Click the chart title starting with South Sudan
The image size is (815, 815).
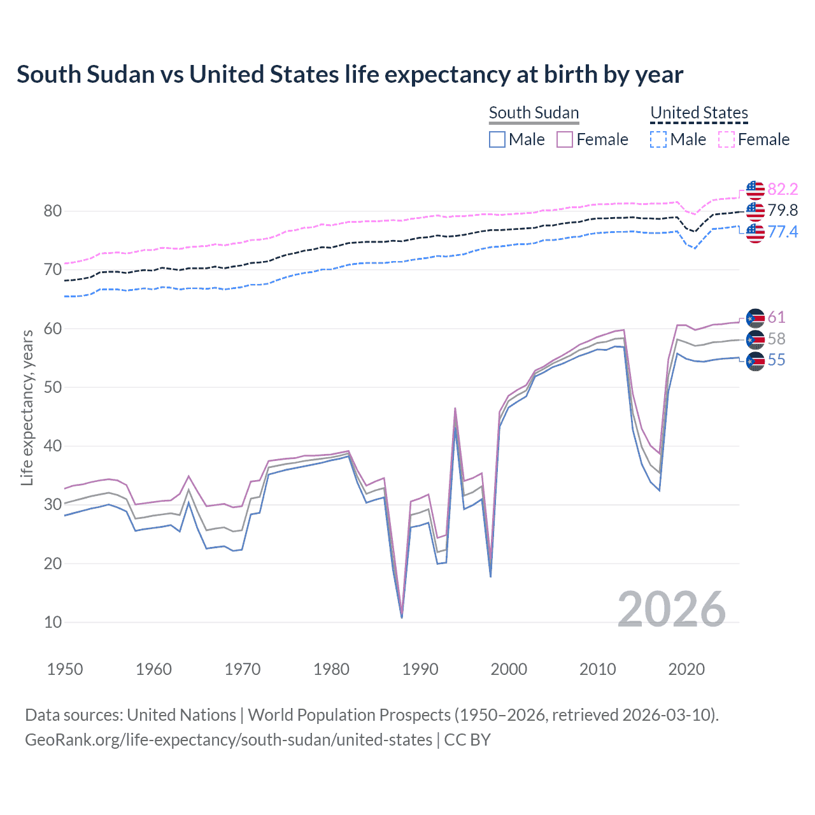[x=350, y=74]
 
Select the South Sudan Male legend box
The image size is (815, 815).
[x=497, y=139]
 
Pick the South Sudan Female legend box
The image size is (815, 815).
[x=565, y=139]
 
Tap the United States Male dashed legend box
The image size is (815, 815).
[x=658, y=139]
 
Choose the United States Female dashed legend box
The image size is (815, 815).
[x=726, y=139]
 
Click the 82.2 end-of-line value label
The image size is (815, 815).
[x=783, y=189]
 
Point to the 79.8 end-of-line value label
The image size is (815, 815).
[x=783, y=210]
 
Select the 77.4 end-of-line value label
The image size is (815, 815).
[x=783, y=232]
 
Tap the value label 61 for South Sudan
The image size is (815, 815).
[x=776, y=317]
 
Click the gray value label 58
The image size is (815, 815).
[x=776, y=339]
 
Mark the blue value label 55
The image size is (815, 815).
[x=776, y=360]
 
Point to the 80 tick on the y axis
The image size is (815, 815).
[x=53, y=211]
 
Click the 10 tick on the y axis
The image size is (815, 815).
[x=53, y=622]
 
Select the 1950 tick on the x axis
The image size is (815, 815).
[x=65, y=669]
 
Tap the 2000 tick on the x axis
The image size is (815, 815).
[x=509, y=669]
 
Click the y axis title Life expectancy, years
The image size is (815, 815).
[x=27, y=407]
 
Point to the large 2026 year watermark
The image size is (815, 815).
[x=672, y=609]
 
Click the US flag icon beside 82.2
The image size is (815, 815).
[x=755, y=190]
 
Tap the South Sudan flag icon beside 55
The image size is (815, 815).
[x=755, y=361]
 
